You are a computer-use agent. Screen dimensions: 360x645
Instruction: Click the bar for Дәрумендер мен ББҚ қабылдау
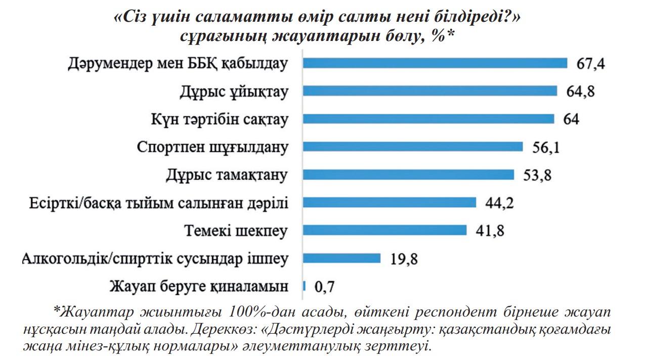click(435, 63)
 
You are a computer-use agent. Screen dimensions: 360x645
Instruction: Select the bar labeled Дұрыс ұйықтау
click(430, 91)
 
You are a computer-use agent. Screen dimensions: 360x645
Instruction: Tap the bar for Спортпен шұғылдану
click(413, 147)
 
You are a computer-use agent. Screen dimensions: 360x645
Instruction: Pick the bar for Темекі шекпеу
click(384, 231)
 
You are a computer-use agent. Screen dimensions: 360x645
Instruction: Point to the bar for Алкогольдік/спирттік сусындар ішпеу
click(341, 258)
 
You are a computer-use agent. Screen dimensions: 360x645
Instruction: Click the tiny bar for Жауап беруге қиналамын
click(304, 286)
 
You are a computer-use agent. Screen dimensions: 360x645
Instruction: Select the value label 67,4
click(591, 64)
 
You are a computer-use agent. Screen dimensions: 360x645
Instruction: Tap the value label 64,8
click(580, 92)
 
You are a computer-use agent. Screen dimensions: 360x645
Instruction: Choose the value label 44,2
click(499, 203)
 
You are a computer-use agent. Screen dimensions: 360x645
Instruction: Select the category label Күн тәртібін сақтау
click(220, 119)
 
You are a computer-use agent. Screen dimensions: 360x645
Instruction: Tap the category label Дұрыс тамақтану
click(227, 175)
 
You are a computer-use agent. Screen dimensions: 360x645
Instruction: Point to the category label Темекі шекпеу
click(236, 231)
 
